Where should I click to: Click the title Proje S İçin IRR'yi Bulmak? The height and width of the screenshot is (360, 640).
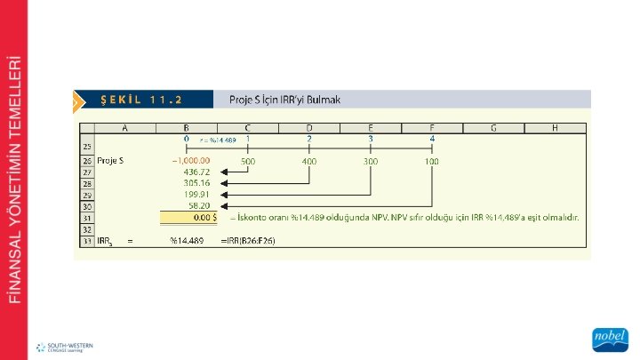pyautogui.click(x=284, y=99)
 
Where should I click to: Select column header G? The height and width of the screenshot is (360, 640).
pyautogui.click(x=492, y=128)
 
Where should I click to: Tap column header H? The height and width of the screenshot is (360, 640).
pyautogui.click(x=554, y=128)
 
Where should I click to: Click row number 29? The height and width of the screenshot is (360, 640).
pyautogui.click(x=87, y=194)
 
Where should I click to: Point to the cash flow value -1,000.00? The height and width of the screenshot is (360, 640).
pyautogui.click(x=190, y=161)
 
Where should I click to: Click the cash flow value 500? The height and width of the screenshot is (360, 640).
pyautogui.click(x=247, y=161)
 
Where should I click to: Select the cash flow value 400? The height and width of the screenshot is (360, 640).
pyautogui.click(x=308, y=161)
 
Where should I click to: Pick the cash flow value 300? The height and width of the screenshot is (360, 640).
pyautogui.click(x=370, y=161)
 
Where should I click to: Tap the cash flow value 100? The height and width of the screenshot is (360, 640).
pyautogui.click(x=431, y=161)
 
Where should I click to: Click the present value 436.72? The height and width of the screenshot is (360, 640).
pyautogui.click(x=196, y=172)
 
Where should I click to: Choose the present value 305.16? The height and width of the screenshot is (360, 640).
pyautogui.click(x=196, y=183)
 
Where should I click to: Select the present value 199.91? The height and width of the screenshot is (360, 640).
pyautogui.click(x=196, y=194)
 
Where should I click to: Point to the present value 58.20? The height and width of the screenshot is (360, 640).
pyautogui.click(x=198, y=205)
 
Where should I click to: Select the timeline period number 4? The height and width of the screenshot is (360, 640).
pyautogui.click(x=432, y=140)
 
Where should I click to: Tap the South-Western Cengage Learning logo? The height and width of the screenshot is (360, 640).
pyautogui.click(x=64, y=346)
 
